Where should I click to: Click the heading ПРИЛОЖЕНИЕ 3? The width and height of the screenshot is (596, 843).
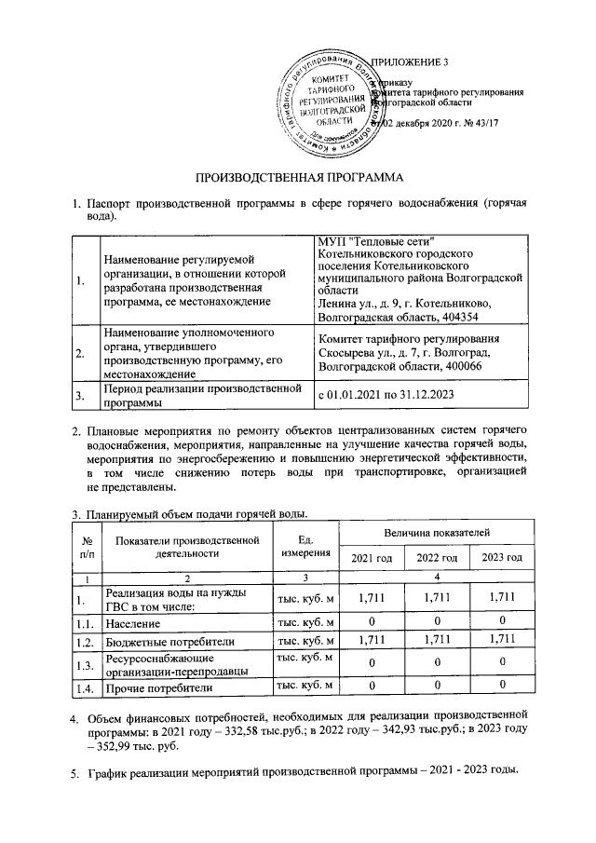click(410, 62)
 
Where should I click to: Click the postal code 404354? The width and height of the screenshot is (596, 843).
click(450, 315)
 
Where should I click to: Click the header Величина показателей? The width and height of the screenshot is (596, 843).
click(435, 530)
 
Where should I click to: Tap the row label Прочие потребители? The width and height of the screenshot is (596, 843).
click(159, 687)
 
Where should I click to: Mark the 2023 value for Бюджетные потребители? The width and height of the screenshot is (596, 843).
click(500, 640)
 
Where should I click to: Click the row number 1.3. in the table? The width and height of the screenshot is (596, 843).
click(86, 664)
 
